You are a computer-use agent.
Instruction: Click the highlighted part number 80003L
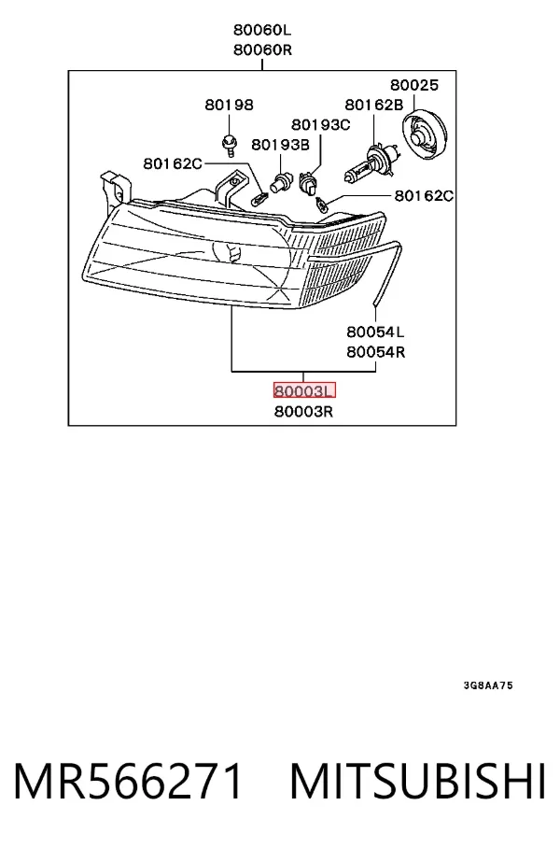pyautogui.click(x=304, y=390)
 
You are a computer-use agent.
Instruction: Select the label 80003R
pyautogui.click(x=303, y=412)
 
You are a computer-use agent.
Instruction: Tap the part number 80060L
pyautogui.click(x=262, y=29)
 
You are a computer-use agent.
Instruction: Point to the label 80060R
pyautogui.click(x=262, y=49)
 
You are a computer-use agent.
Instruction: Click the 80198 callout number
pyautogui.click(x=230, y=105)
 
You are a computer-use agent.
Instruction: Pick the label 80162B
pyautogui.click(x=374, y=105)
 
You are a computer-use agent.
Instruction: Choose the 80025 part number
pyautogui.click(x=414, y=85)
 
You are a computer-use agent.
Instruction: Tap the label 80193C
pyautogui.click(x=321, y=124)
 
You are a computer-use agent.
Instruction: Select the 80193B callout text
pyautogui.click(x=281, y=145)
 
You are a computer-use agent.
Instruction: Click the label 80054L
pyautogui.click(x=376, y=331)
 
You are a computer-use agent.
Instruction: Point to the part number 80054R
pyautogui.click(x=376, y=352)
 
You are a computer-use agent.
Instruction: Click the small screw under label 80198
pyautogui.click(x=229, y=145)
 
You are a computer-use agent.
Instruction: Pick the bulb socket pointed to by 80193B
pyautogui.click(x=281, y=182)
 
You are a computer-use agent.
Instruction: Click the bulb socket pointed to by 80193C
pyautogui.click(x=308, y=184)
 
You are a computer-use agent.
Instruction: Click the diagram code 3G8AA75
pyautogui.click(x=488, y=685)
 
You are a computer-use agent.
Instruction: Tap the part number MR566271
pyautogui.click(x=128, y=781)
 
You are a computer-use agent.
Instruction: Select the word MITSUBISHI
pyautogui.click(x=418, y=781)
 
